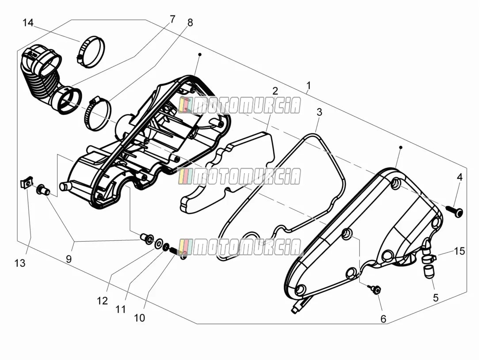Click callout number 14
click(28, 23)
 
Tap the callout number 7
click(173, 19)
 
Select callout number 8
click(190, 23)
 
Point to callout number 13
click(20, 263)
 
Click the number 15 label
click(459, 251)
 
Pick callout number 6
click(383, 319)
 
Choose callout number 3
click(319, 112)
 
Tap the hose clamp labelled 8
click(97, 113)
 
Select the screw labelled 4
click(455, 211)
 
